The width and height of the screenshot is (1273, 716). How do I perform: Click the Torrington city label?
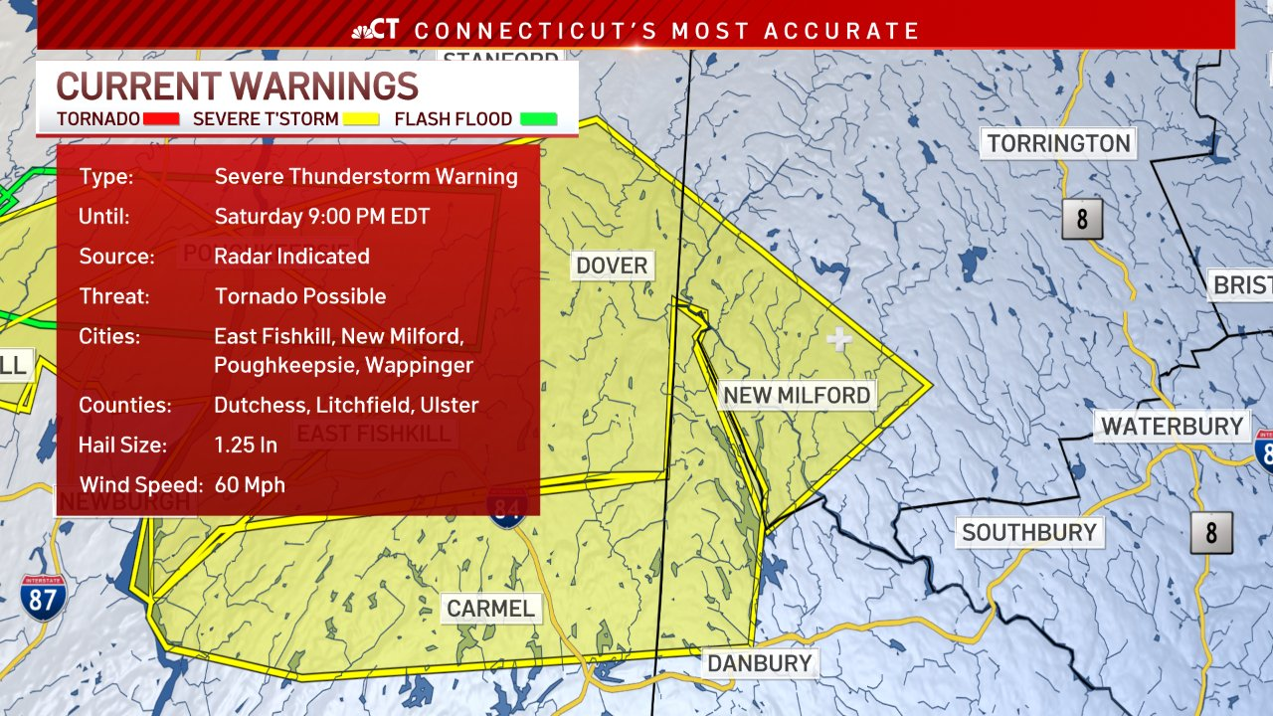click(x=1058, y=143)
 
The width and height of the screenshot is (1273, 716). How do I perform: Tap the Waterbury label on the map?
click(x=1172, y=427)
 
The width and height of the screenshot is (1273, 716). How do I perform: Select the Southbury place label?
click(x=1028, y=532)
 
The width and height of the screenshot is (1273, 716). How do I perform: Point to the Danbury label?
click(x=760, y=663)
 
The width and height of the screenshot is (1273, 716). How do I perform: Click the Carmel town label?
click(x=490, y=609)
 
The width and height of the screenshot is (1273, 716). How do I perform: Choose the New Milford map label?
click(x=797, y=395)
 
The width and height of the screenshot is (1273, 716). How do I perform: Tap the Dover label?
click(x=612, y=266)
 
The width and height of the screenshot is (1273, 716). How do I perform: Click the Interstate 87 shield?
click(x=43, y=598)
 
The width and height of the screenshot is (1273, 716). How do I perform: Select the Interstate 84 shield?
click(x=507, y=509)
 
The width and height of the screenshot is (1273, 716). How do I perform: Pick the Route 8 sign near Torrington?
click(x=1081, y=219)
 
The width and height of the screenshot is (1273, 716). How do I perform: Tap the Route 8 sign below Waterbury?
click(x=1210, y=533)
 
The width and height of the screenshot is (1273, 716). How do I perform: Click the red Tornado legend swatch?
click(x=162, y=119)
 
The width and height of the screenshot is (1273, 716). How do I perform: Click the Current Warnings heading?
click(x=237, y=87)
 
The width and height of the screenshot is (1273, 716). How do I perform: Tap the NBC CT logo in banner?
click(x=376, y=30)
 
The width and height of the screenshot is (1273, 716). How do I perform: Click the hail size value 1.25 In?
click(x=246, y=445)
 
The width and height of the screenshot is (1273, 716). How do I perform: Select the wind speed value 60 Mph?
click(x=250, y=485)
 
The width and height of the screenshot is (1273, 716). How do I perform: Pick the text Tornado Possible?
click(x=300, y=295)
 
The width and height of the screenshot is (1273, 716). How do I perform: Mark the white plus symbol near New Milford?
click(x=839, y=340)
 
